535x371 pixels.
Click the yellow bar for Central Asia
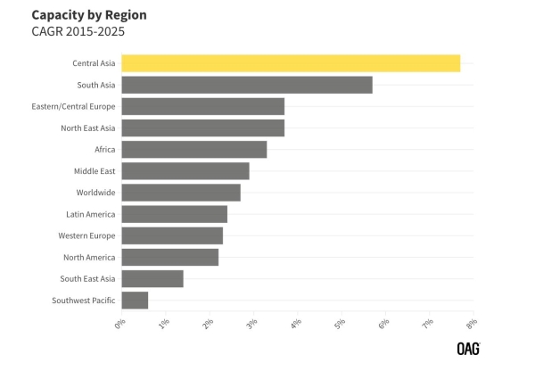[x=291, y=63]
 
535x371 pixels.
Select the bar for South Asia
[x=247, y=85]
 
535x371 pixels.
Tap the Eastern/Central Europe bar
[x=203, y=106]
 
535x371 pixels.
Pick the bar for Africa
[x=194, y=149]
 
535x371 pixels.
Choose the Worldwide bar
[x=181, y=193]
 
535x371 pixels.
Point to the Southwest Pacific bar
[x=135, y=301]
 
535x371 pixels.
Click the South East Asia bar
[x=152, y=279]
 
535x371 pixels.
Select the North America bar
[x=170, y=258]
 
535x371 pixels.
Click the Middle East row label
[x=95, y=171]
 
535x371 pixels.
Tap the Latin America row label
[x=90, y=214]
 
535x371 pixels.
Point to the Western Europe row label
[x=86, y=236]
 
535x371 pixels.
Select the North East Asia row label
[x=88, y=128]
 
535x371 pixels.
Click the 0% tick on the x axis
[x=120, y=325]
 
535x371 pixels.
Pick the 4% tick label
[x=296, y=325]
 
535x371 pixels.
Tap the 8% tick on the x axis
[x=471, y=325]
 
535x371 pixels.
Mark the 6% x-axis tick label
[x=383, y=325]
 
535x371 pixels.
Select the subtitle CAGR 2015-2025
[x=78, y=31]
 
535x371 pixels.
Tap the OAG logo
[x=469, y=349]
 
